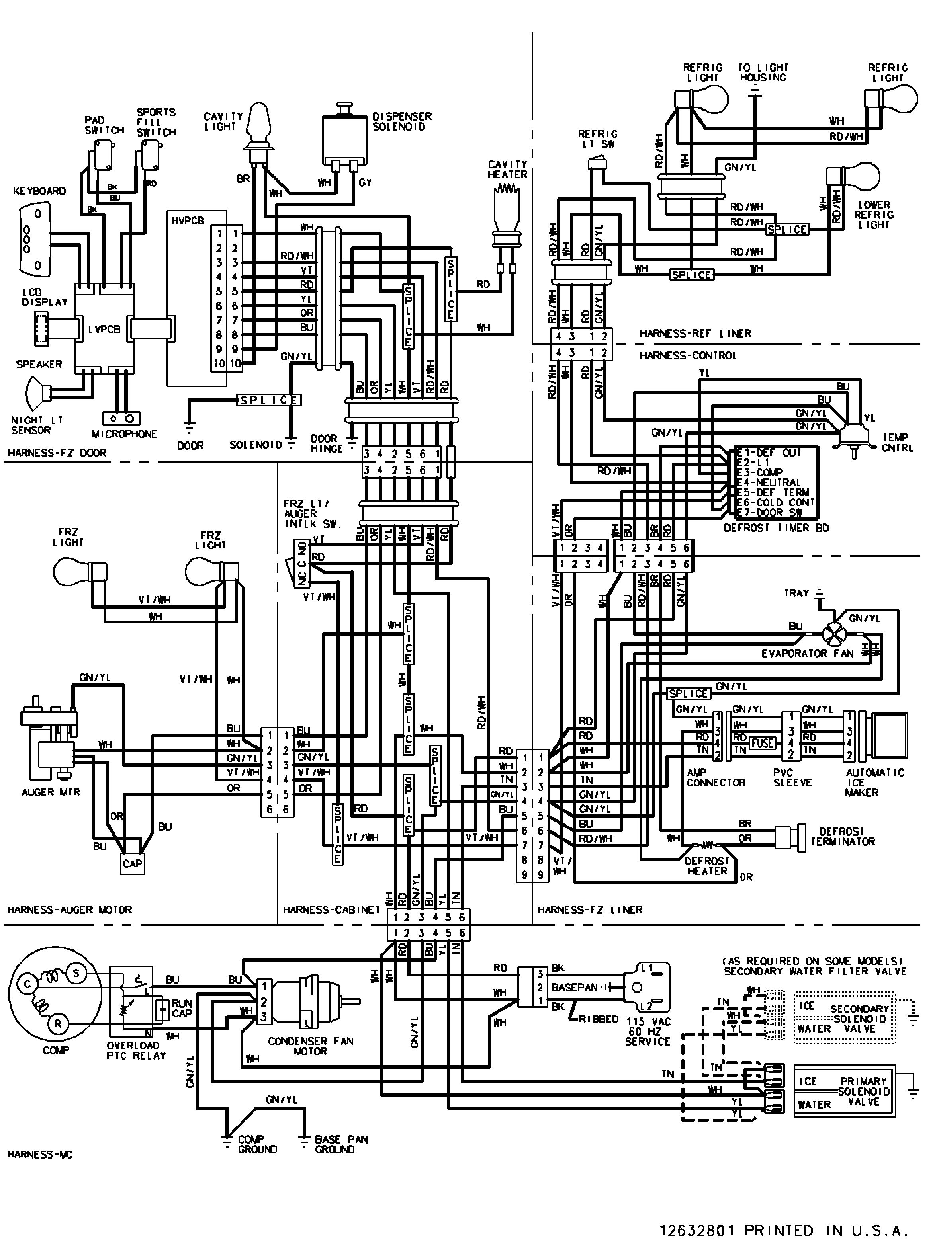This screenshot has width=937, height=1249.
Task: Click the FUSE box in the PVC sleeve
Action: pyautogui.click(x=762, y=743)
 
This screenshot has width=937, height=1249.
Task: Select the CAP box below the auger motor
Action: pyautogui.click(x=133, y=863)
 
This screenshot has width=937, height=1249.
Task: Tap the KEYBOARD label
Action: pyautogui.click(x=39, y=191)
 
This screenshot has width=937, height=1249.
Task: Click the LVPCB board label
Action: pyautogui.click(x=104, y=329)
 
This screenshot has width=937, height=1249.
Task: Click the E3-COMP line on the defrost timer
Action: pyautogui.click(x=760, y=472)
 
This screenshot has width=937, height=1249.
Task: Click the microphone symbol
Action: pyautogui.click(x=121, y=418)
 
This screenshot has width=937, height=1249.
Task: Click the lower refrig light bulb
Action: pyautogui.click(x=856, y=176)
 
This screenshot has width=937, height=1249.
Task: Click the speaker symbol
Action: pyautogui.click(x=37, y=392)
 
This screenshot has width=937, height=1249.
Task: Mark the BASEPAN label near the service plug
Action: pyautogui.click(x=574, y=987)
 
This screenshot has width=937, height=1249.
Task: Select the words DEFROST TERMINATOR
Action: pyautogui.click(x=842, y=836)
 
